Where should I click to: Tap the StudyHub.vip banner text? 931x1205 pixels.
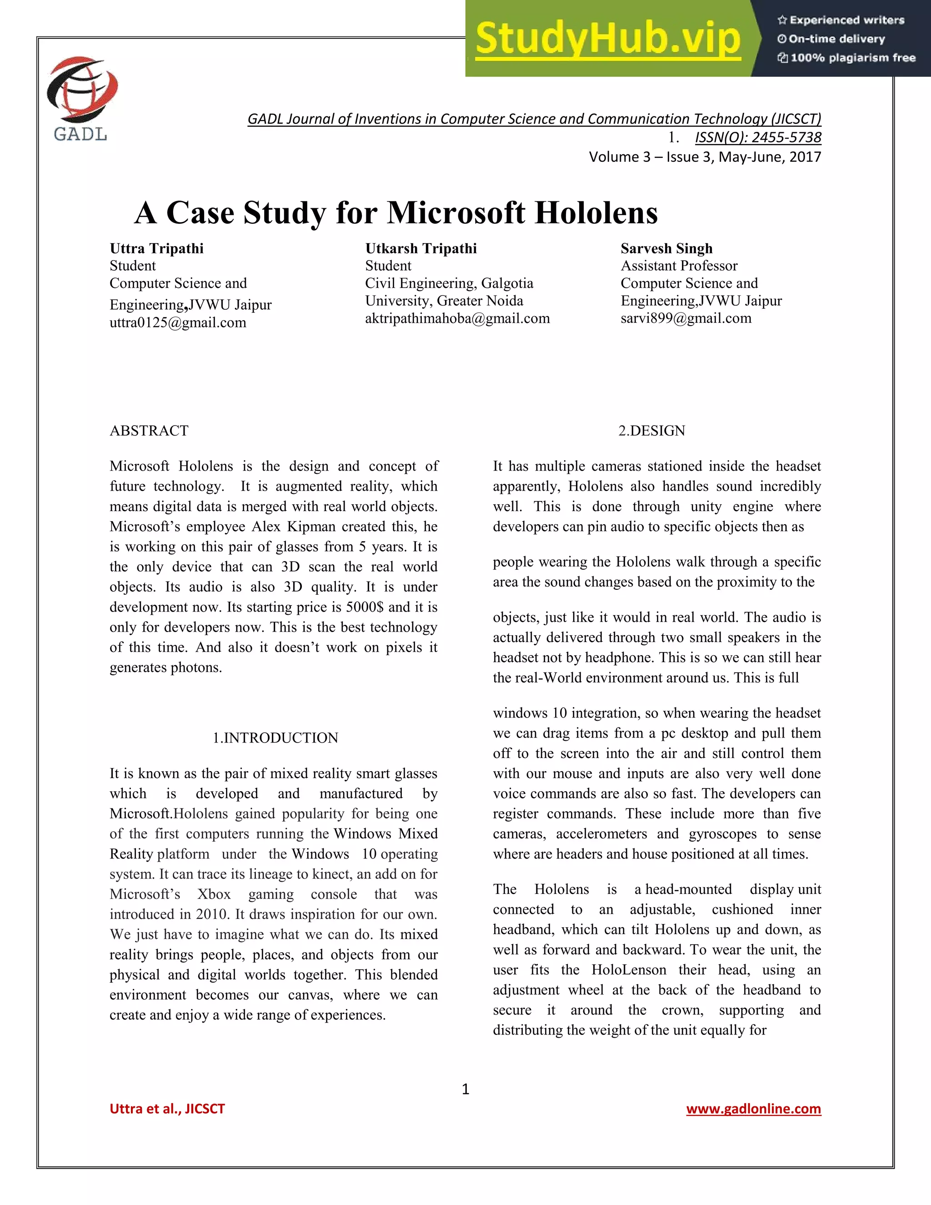(x=607, y=39)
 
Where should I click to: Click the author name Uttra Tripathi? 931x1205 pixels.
(x=157, y=248)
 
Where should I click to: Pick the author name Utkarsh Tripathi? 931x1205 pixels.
(x=421, y=248)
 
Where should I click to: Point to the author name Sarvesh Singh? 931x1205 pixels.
(x=666, y=248)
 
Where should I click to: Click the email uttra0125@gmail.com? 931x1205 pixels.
(x=178, y=323)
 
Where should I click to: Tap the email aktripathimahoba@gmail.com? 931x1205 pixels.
(x=457, y=318)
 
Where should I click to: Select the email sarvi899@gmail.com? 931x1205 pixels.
(x=686, y=318)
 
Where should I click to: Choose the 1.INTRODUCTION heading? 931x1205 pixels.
(x=275, y=738)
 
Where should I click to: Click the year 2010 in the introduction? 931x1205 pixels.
(x=213, y=914)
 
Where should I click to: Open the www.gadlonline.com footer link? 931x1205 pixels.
(x=753, y=1109)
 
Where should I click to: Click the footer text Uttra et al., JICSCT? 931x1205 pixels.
(x=167, y=1109)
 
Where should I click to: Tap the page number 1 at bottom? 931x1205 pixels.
(x=465, y=1089)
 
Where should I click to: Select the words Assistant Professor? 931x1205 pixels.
(x=679, y=266)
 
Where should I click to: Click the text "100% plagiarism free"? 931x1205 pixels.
(x=852, y=58)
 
